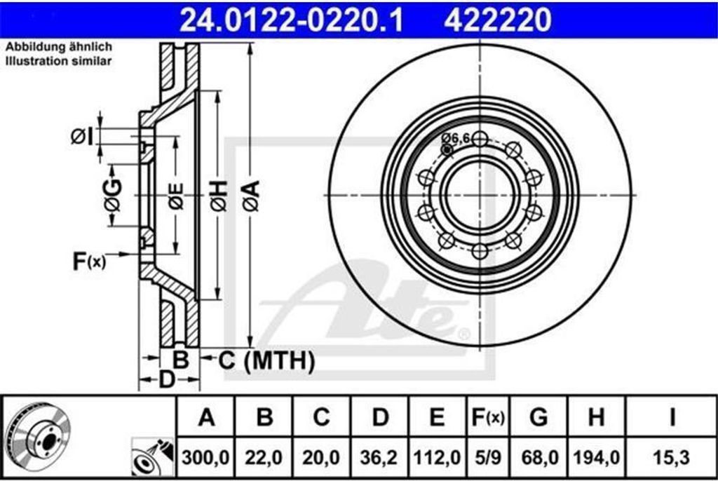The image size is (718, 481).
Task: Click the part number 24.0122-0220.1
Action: (291, 20)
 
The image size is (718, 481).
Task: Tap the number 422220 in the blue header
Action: (497, 20)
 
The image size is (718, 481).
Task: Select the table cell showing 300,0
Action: (205, 457)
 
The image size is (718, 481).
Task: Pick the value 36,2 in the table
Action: (379, 457)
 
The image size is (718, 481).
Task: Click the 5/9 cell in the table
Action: (488, 457)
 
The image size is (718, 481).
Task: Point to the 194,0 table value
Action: (596, 457)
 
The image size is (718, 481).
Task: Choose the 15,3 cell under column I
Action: (671, 457)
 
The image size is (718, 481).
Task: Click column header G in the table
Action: (538, 417)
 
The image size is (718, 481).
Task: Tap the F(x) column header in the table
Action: (488, 417)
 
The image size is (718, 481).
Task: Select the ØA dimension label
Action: (251, 196)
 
